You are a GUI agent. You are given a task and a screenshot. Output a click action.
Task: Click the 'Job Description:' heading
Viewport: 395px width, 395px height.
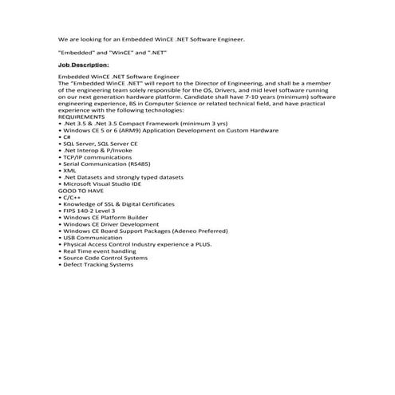click(84, 64)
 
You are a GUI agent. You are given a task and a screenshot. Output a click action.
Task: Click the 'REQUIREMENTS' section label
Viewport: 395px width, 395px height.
click(81, 117)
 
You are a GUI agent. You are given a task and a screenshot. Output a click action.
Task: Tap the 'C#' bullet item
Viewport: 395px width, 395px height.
click(65, 137)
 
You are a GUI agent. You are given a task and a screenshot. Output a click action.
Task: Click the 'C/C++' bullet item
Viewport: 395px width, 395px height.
click(71, 197)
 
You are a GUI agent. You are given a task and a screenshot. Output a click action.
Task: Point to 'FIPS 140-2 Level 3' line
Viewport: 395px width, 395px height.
click(89, 211)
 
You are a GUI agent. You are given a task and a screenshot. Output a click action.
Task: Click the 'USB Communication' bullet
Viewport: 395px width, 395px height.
click(93, 237)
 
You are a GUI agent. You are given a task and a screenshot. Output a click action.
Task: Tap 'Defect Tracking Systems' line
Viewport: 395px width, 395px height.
click(97, 264)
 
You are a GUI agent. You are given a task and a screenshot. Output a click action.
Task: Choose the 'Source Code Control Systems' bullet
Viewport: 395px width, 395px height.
click(105, 258)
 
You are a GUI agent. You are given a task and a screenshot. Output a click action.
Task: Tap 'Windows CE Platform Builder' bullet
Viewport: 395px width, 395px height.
click(105, 217)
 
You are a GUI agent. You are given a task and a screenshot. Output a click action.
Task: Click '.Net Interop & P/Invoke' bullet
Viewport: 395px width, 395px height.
click(96, 150)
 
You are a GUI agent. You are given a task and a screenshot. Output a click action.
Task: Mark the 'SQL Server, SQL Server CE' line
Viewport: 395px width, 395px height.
click(100, 144)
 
